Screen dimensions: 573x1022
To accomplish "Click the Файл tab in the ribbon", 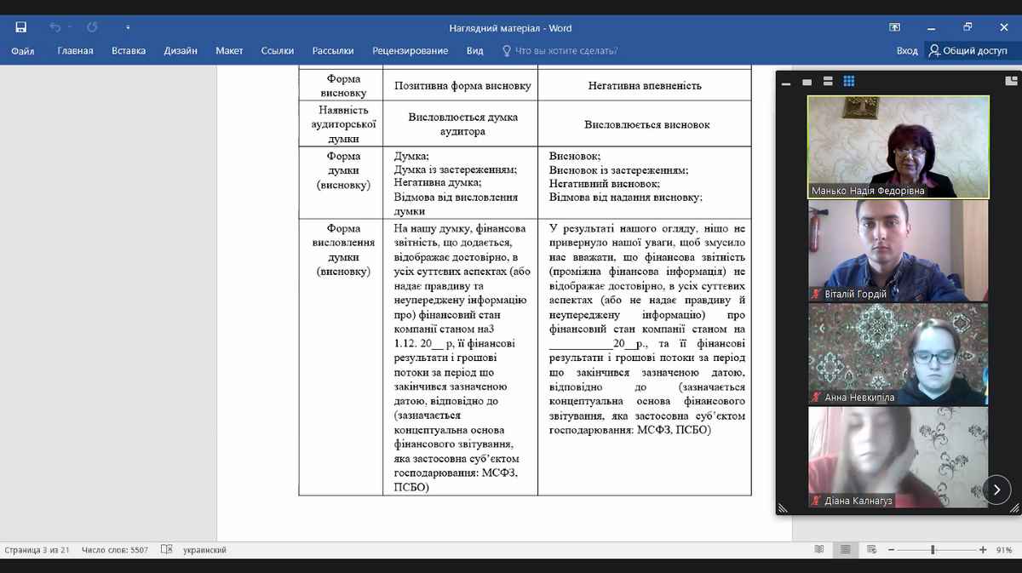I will pyautogui.click(x=23, y=51).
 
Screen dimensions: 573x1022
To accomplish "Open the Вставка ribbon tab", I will pyautogui.click(x=129, y=51).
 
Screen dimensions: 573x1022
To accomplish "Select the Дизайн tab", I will pyautogui.click(x=181, y=51).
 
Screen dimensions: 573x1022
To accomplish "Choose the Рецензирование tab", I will pyautogui.click(x=411, y=51).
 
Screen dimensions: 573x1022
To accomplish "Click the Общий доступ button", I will pyautogui.click(x=968, y=51).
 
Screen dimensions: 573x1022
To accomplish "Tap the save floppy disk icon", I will pyautogui.click(x=21, y=27).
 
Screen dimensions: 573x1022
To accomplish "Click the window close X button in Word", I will pyautogui.click(x=1002, y=27).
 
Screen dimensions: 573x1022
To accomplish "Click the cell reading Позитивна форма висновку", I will pyautogui.click(x=462, y=86).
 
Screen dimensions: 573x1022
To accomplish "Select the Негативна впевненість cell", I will pyautogui.click(x=645, y=86).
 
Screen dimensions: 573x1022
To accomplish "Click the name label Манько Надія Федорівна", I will pyautogui.click(x=868, y=192).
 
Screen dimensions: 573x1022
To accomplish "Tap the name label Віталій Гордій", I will pyautogui.click(x=855, y=295).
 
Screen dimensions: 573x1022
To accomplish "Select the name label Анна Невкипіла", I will pyautogui.click(x=859, y=398).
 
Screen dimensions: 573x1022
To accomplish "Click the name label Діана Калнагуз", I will pyautogui.click(x=858, y=501).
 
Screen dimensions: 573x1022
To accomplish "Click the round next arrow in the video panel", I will pyautogui.click(x=997, y=490).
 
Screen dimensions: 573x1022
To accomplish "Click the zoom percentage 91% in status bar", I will pyautogui.click(x=1003, y=550).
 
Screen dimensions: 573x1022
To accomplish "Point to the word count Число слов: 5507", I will pyautogui.click(x=115, y=550).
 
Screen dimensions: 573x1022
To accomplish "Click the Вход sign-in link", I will pyautogui.click(x=907, y=51).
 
